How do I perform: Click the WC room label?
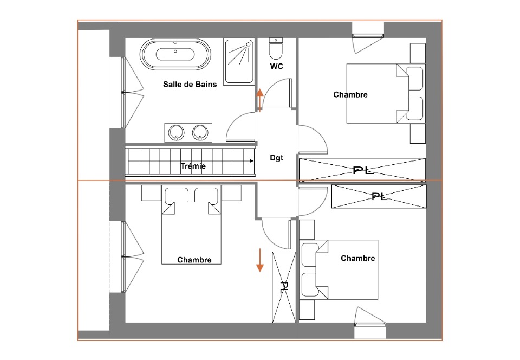pos(277,66)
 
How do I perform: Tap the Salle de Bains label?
pos(190,84)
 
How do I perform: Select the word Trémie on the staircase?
pos(193,166)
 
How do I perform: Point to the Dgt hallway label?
pos(277,158)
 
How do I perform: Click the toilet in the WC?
pos(276,49)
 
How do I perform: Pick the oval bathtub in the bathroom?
pos(175,54)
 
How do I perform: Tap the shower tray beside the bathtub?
pos(239,62)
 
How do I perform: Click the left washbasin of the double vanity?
pos(176,133)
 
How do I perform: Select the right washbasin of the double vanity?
pos(200,133)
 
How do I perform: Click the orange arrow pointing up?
pos(259,100)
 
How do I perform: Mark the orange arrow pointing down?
pos(259,260)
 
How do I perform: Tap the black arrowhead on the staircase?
pos(252,161)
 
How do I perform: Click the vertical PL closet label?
pos(284,287)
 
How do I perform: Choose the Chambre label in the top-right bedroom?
pos(350,94)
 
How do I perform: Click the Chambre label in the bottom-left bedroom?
pos(194,260)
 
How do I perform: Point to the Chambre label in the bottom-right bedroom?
pos(358,258)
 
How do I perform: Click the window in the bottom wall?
pos(370,324)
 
